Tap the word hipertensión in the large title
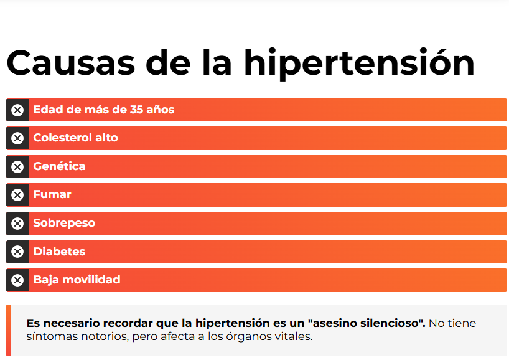(359, 64)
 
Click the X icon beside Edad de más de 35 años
(17, 110)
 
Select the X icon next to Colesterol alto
(17, 138)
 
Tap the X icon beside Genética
(17, 167)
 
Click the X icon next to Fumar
(17, 195)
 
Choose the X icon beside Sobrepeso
(17, 224)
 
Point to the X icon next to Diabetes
(17, 252)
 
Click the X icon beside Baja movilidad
(17, 280)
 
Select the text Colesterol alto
(75, 138)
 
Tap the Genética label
(59, 166)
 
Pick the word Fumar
(52, 194)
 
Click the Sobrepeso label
(64, 223)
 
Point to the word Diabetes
(59, 252)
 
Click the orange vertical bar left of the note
(9, 330)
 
